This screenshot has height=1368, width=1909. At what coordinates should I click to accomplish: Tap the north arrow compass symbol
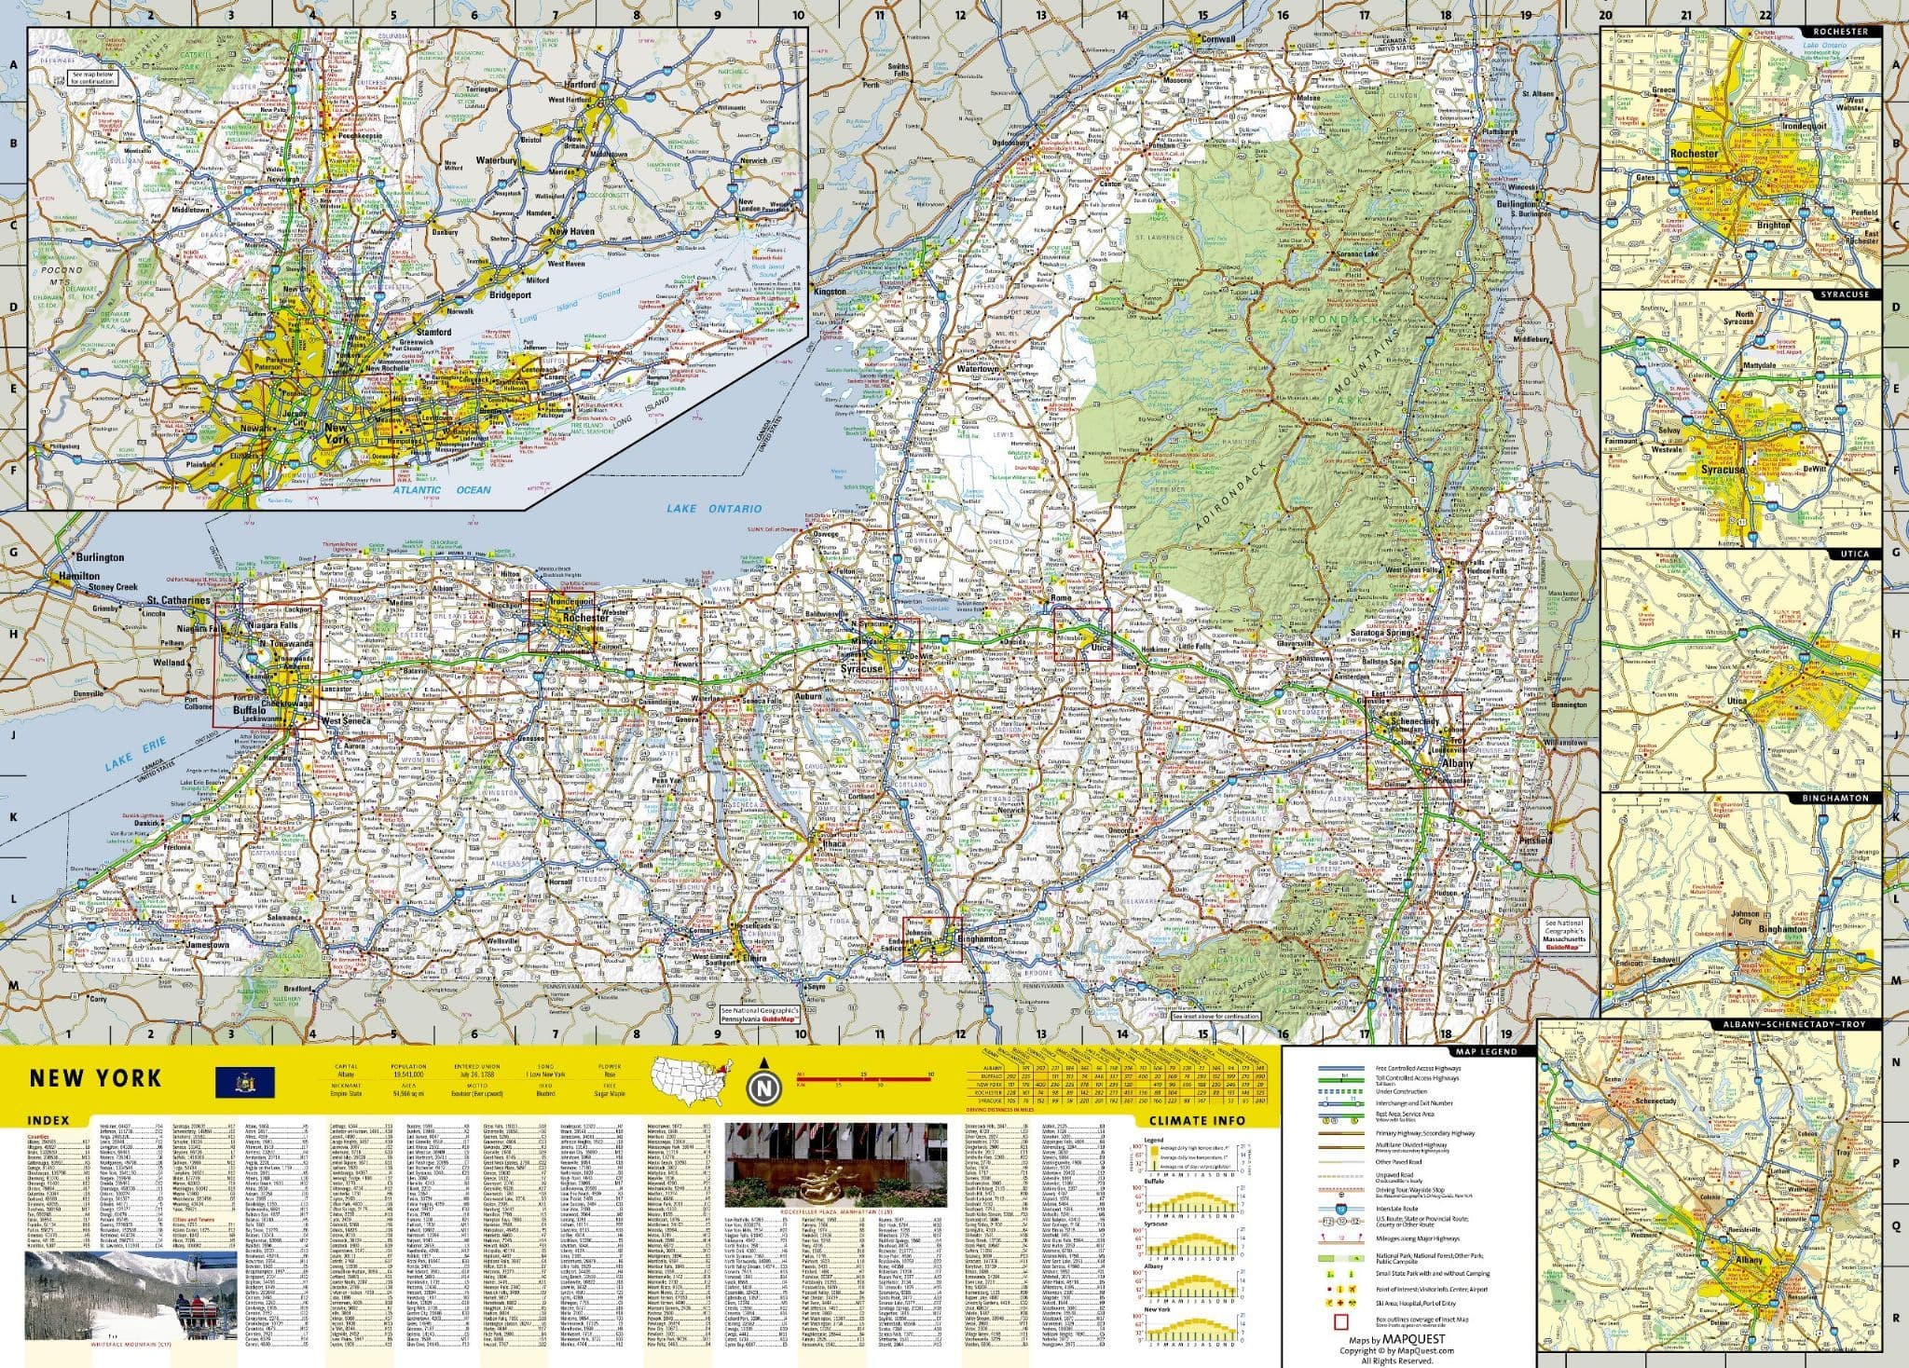[763, 1086]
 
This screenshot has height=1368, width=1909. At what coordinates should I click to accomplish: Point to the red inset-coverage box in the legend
[1341, 1320]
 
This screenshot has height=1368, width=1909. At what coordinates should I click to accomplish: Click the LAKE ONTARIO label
[713, 509]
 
